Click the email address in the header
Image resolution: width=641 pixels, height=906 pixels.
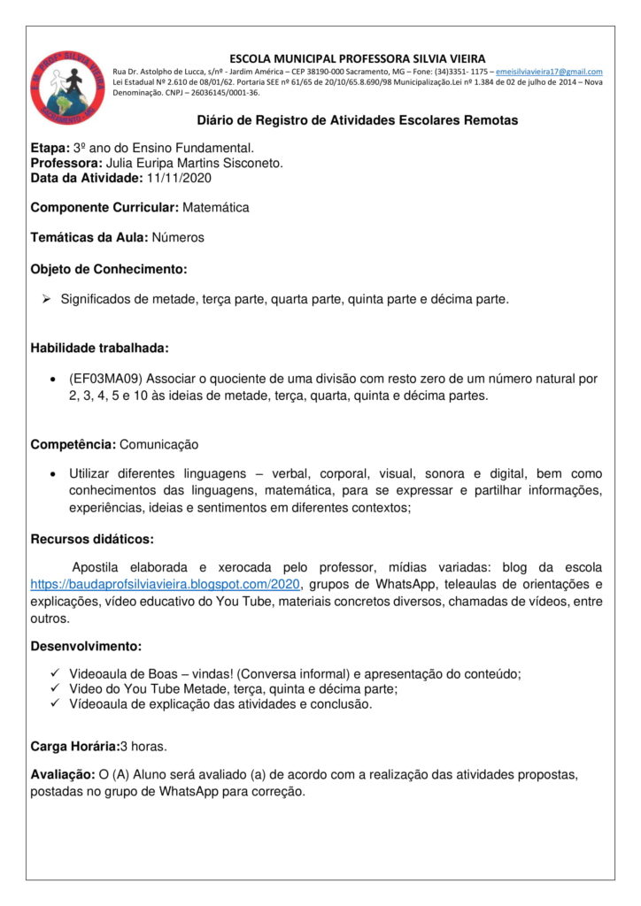549,71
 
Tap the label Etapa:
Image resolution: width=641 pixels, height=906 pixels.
50,148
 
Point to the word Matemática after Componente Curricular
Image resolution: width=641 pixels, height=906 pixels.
215,208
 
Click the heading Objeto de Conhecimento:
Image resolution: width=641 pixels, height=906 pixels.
109,268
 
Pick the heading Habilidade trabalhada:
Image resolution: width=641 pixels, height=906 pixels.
99,348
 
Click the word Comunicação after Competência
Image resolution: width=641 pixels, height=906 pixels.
158,444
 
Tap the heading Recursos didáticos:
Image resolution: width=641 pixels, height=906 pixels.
92,538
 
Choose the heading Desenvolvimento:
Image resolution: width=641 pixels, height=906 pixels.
86,647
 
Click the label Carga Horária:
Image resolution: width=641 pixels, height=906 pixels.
75,746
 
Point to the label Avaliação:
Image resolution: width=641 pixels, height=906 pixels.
63,775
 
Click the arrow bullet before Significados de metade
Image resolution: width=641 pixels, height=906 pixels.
48,299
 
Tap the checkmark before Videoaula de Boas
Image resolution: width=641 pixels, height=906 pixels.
55,673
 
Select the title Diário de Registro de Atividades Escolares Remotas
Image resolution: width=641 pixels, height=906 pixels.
357,120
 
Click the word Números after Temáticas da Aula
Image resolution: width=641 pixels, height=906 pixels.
178,238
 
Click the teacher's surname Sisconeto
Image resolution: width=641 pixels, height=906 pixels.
252,163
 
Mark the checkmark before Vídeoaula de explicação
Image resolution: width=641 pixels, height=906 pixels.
55,704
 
